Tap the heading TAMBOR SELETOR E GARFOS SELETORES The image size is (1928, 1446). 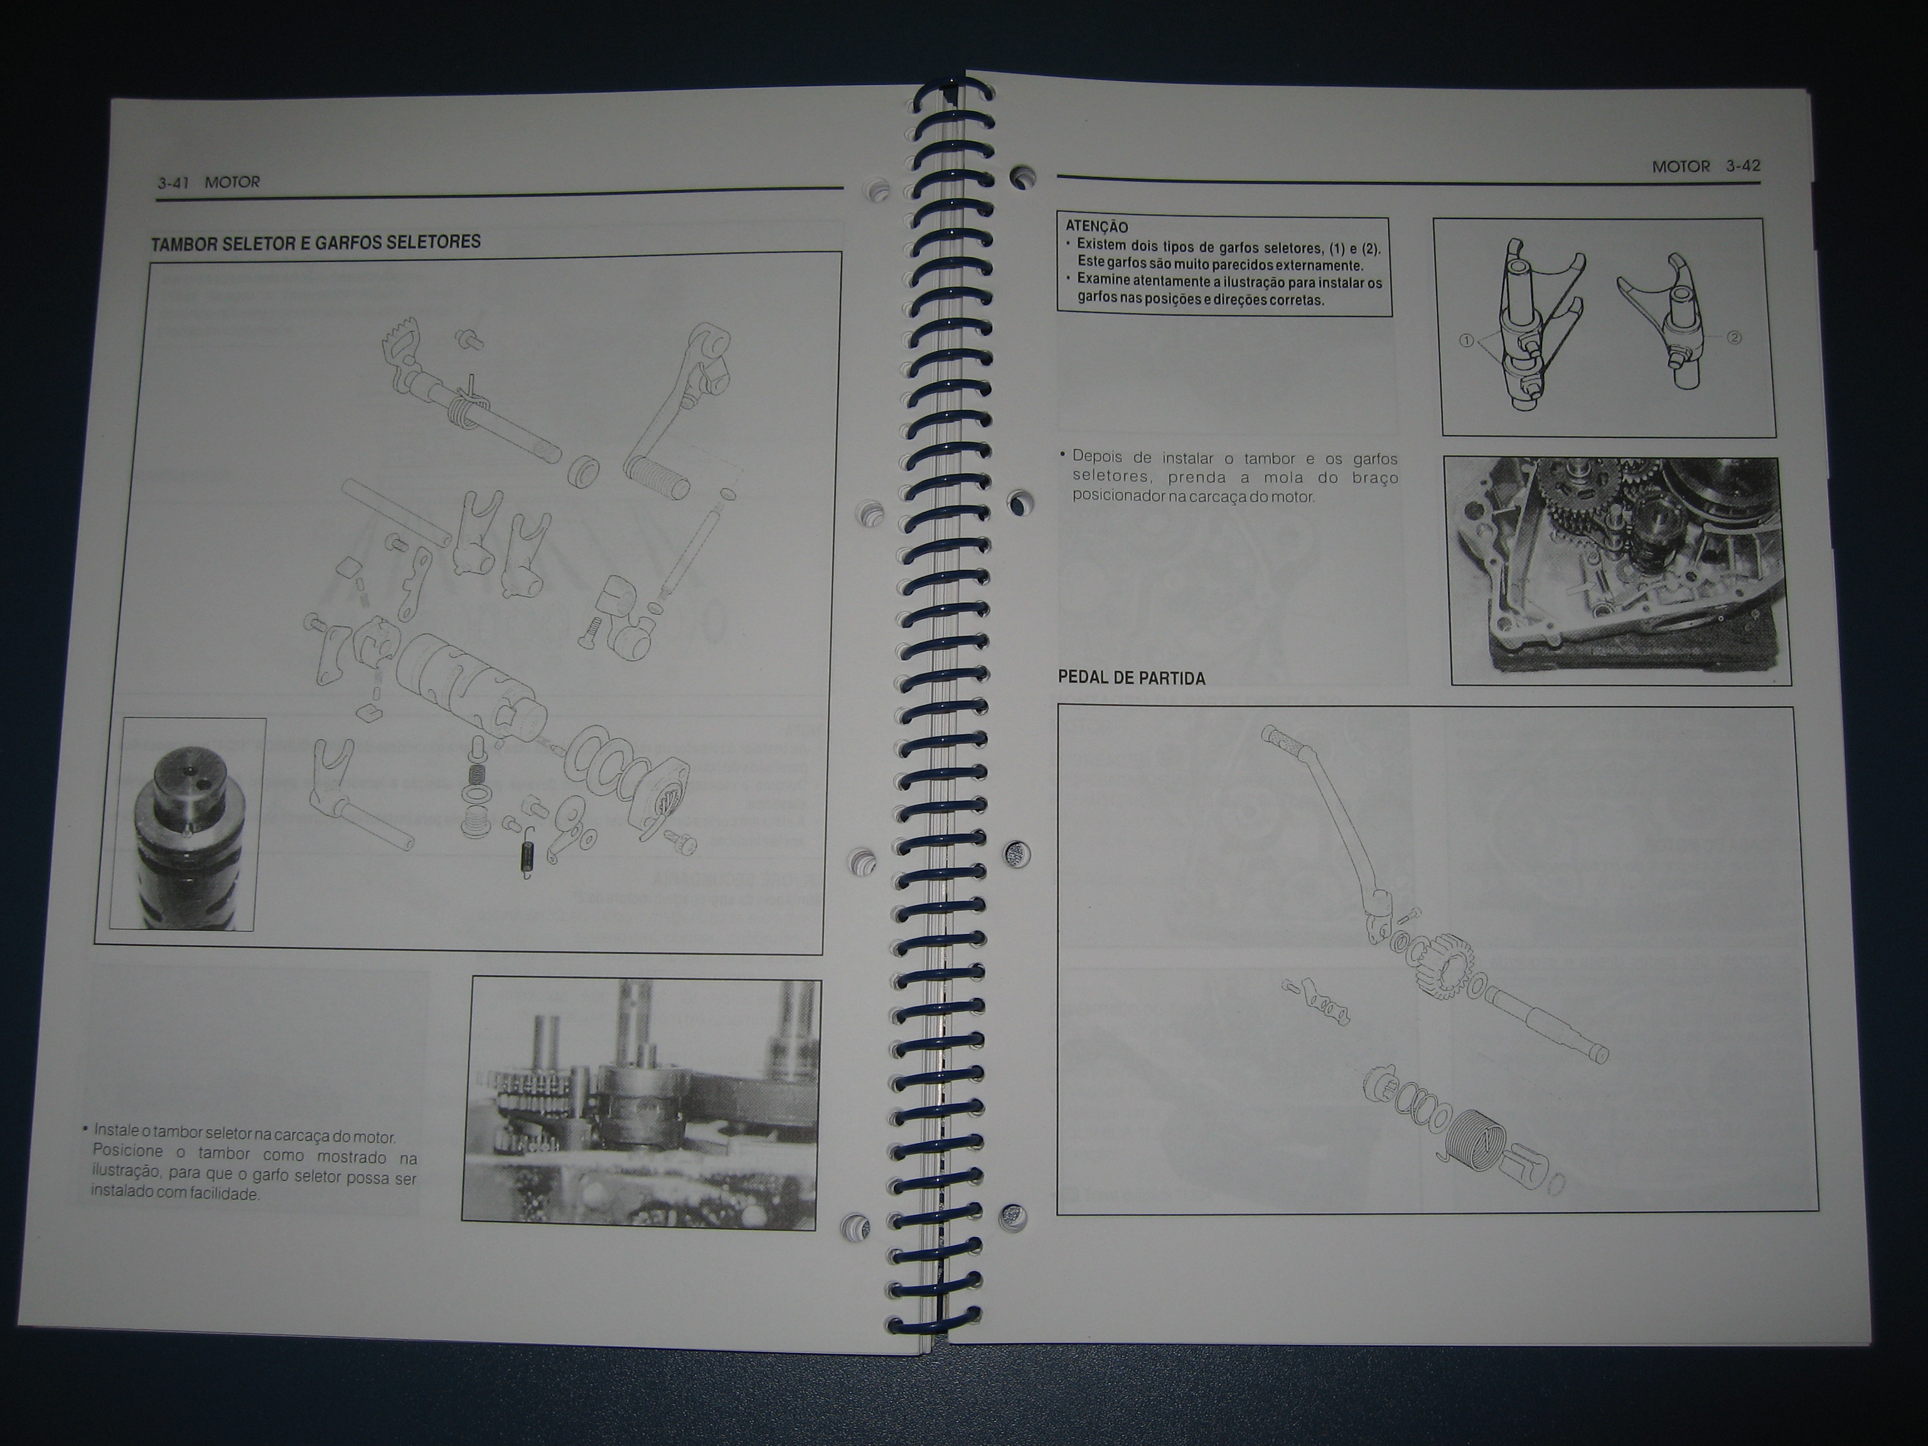pos(316,242)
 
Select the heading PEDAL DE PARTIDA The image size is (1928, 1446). pos(1132,677)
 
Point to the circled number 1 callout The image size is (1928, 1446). pos(1467,341)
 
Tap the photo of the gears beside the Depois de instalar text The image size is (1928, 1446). pos(1616,571)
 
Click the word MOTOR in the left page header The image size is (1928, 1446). pos(233,182)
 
